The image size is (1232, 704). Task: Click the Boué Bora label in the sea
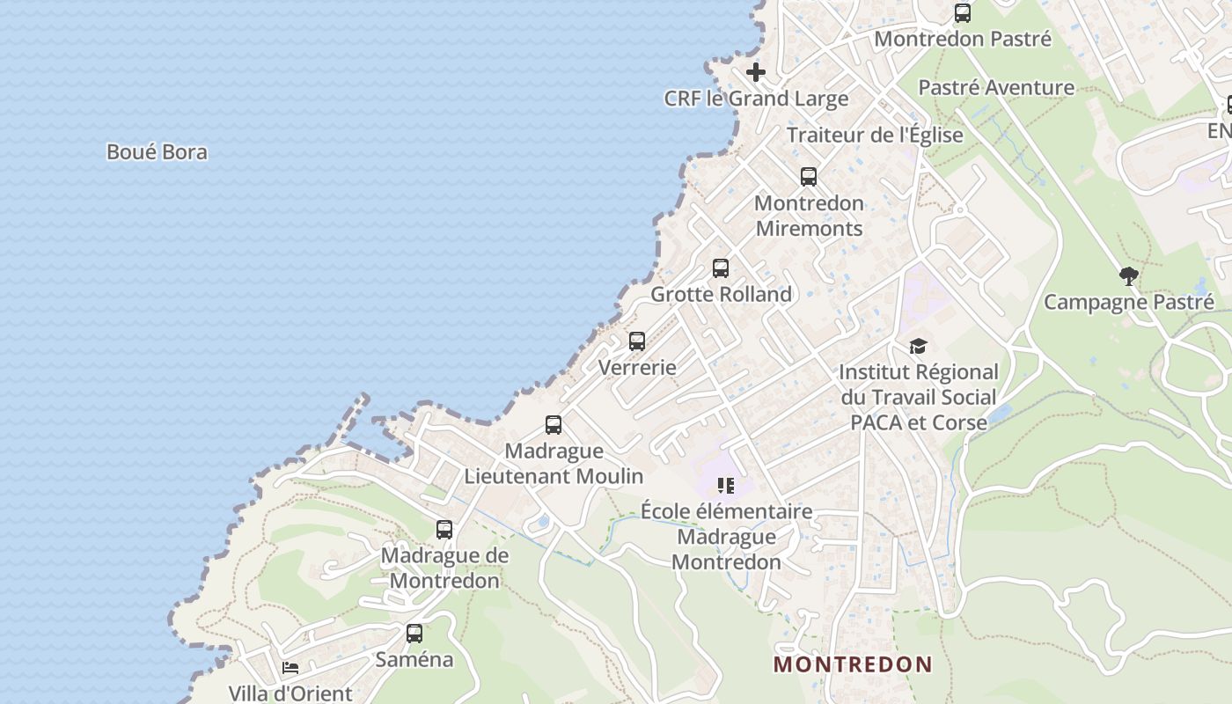(x=157, y=152)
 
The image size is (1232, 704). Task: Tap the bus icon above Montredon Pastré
(x=963, y=13)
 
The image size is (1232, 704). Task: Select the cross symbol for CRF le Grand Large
(x=756, y=72)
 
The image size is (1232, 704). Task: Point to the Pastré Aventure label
(x=996, y=87)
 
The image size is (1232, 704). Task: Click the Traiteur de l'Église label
(x=875, y=135)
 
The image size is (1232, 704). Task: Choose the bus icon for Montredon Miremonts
(x=809, y=177)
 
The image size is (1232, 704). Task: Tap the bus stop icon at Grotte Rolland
(x=721, y=268)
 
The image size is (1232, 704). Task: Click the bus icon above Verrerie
(x=637, y=341)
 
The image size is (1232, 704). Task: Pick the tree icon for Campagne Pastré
(x=1128, y=276)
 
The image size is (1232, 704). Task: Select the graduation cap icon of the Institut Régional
(x=918, y=346)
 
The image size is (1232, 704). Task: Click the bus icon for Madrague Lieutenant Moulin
(x=554, y=425)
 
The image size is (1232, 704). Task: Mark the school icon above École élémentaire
(x=726, y=485)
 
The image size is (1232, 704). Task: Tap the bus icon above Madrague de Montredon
(x=444, y=530)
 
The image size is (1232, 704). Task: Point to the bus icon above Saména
(x=414, y=633)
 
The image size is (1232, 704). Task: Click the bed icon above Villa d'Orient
(x=290, y=668)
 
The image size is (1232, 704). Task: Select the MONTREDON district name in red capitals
(x=852, y=664)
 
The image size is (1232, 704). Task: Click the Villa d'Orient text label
(x=290, y=693)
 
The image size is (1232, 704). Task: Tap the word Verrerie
(x=637, y=367)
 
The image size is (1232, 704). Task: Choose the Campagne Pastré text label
(x=1128, y=302)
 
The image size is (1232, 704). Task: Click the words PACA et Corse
(x=918, y=422)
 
